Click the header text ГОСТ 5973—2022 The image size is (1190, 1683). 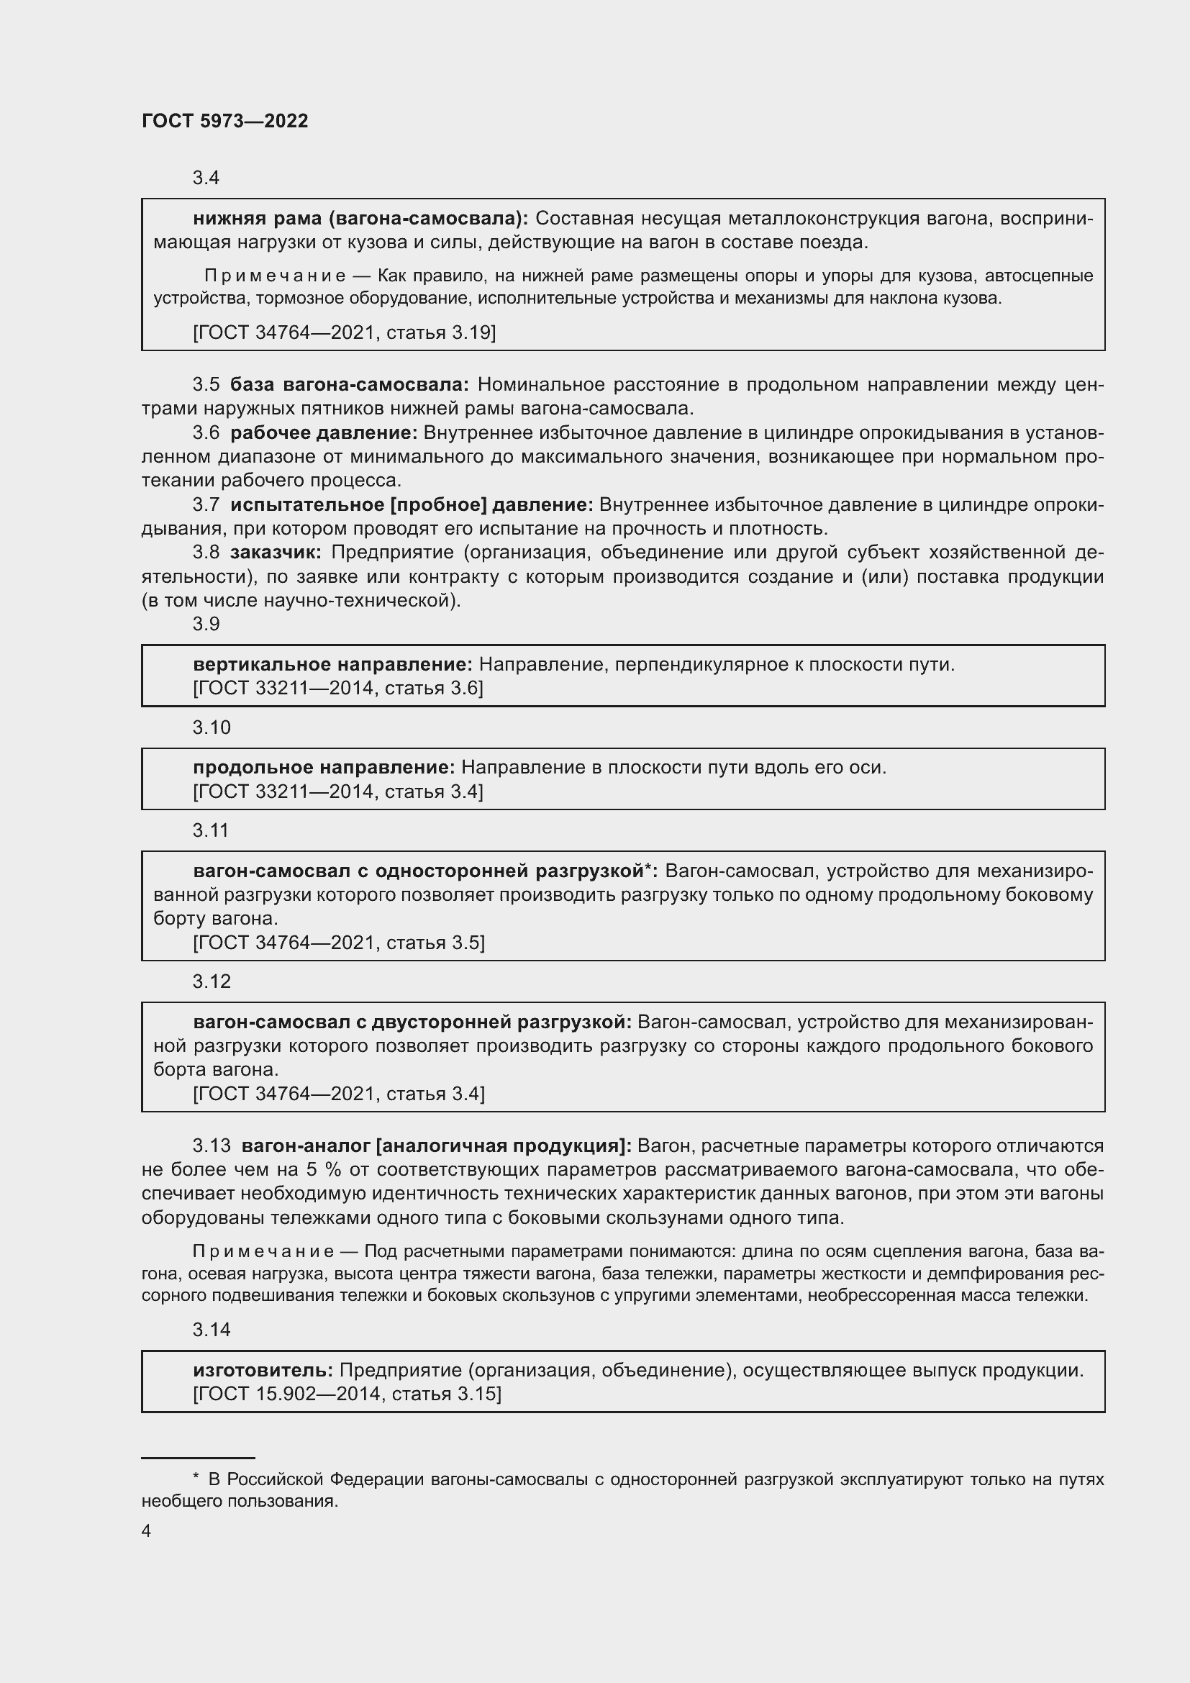[225, 122]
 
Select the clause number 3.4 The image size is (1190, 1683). [206, 178]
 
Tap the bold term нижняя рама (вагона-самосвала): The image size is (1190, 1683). [360, 219]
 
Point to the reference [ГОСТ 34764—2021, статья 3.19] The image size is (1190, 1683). [344, 333]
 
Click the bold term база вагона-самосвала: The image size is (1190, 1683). [350, 385]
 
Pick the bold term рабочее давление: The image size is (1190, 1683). [323, 433]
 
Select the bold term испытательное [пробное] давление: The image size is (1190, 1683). [411, 505]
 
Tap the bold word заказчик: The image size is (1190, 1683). [276, 553]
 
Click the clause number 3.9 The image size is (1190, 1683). [206, 624]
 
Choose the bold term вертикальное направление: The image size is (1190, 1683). [332, 665]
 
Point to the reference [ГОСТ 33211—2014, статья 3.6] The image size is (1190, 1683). [338, 689]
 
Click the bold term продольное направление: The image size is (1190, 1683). [324, 768]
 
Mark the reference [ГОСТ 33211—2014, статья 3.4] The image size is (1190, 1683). [338, 791]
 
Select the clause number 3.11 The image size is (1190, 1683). [211, 830]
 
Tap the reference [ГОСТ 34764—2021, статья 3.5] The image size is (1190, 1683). [339, 943]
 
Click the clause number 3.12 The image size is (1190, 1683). [211, 981]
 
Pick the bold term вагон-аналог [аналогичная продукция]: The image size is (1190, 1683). [437, 1146]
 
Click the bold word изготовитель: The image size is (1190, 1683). [263, 1370]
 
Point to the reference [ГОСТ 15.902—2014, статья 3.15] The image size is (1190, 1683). [347, 1394]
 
